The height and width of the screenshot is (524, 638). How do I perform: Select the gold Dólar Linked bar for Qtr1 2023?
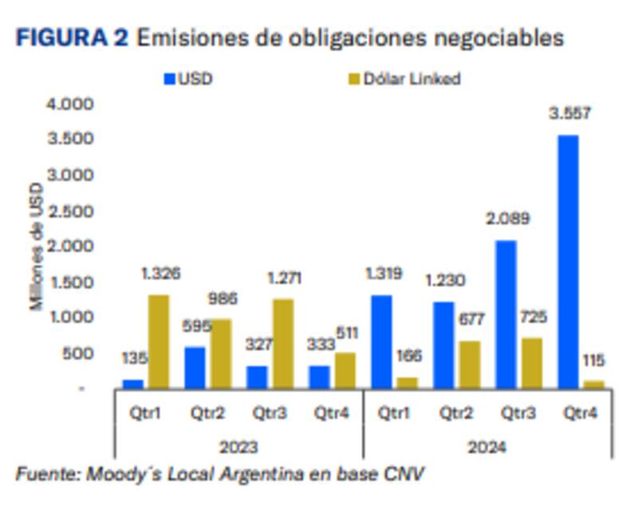159,341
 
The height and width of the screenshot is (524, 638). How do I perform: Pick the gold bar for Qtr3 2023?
283,343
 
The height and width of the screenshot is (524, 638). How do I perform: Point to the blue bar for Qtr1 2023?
133,384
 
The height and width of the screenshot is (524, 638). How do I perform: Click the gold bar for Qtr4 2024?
593,384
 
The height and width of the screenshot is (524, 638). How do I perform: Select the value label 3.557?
569,114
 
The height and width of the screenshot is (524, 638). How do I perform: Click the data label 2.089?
508,219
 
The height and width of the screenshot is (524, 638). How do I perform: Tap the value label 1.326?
161,274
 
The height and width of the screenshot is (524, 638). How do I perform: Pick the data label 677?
471,319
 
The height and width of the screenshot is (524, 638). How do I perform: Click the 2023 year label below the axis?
239,447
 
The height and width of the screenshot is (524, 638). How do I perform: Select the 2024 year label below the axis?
487,447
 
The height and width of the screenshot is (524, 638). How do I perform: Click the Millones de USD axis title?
37,246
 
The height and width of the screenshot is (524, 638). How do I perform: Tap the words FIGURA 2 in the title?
72,37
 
